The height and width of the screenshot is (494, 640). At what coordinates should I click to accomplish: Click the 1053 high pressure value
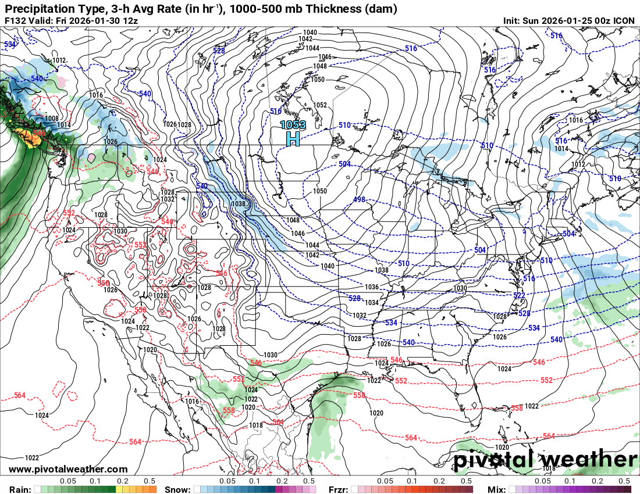pos(293,124)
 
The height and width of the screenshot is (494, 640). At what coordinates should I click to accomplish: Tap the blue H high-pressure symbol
pos(293,138)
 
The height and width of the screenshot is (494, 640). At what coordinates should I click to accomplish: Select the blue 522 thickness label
pos(519,296)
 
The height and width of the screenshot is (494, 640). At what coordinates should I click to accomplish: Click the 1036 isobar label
pos(371,287)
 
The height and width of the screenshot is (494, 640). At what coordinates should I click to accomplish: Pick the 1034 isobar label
pos(372,303)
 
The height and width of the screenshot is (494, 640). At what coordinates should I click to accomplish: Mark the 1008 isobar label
pos(51,119)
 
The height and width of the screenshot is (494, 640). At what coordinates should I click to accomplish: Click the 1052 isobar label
pos(320,105)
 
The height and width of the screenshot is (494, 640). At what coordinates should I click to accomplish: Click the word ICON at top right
pos(624,20)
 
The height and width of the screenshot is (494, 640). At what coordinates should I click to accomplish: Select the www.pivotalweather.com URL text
pos(68,469)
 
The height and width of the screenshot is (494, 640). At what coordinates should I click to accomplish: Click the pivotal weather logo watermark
pos(545,460)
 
